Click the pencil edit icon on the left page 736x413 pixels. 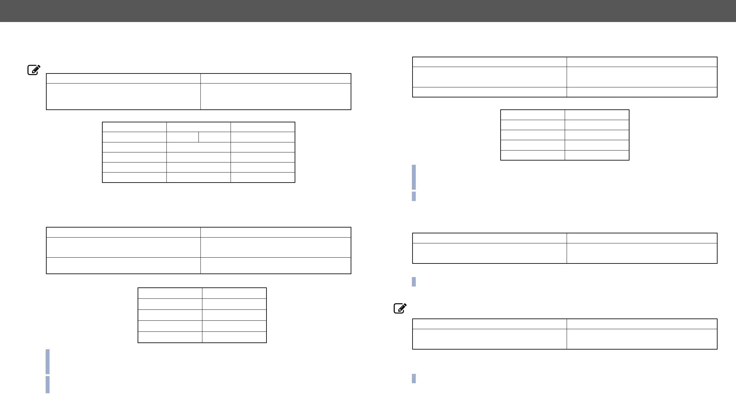coord(34,70)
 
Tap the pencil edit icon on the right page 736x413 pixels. coord(400,308)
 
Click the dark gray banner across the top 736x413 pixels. coord(368,11)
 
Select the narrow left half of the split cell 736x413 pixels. coord(182,137)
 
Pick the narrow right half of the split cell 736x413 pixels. coord(214,137)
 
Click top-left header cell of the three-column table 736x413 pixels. coord(134,127)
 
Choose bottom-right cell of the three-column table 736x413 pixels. coord(263,177)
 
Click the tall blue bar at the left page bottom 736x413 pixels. coord(48,361)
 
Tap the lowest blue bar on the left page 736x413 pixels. coord(48,384)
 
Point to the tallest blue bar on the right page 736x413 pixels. coord(414,177)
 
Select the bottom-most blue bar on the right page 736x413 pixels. coord(414,378)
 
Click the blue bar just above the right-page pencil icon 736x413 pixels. coord(414,282)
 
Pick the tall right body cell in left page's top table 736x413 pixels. coord(276,96)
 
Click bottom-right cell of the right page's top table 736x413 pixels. coord(642,92)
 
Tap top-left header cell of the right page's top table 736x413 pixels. coord(489,62)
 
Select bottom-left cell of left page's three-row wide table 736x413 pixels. coord(123,265)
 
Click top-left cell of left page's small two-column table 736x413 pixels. coord(170,293)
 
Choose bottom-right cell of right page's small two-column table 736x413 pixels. coord(597,155)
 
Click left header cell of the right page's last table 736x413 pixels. coord(489,324)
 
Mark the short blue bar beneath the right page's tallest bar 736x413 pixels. coord(414,196)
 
